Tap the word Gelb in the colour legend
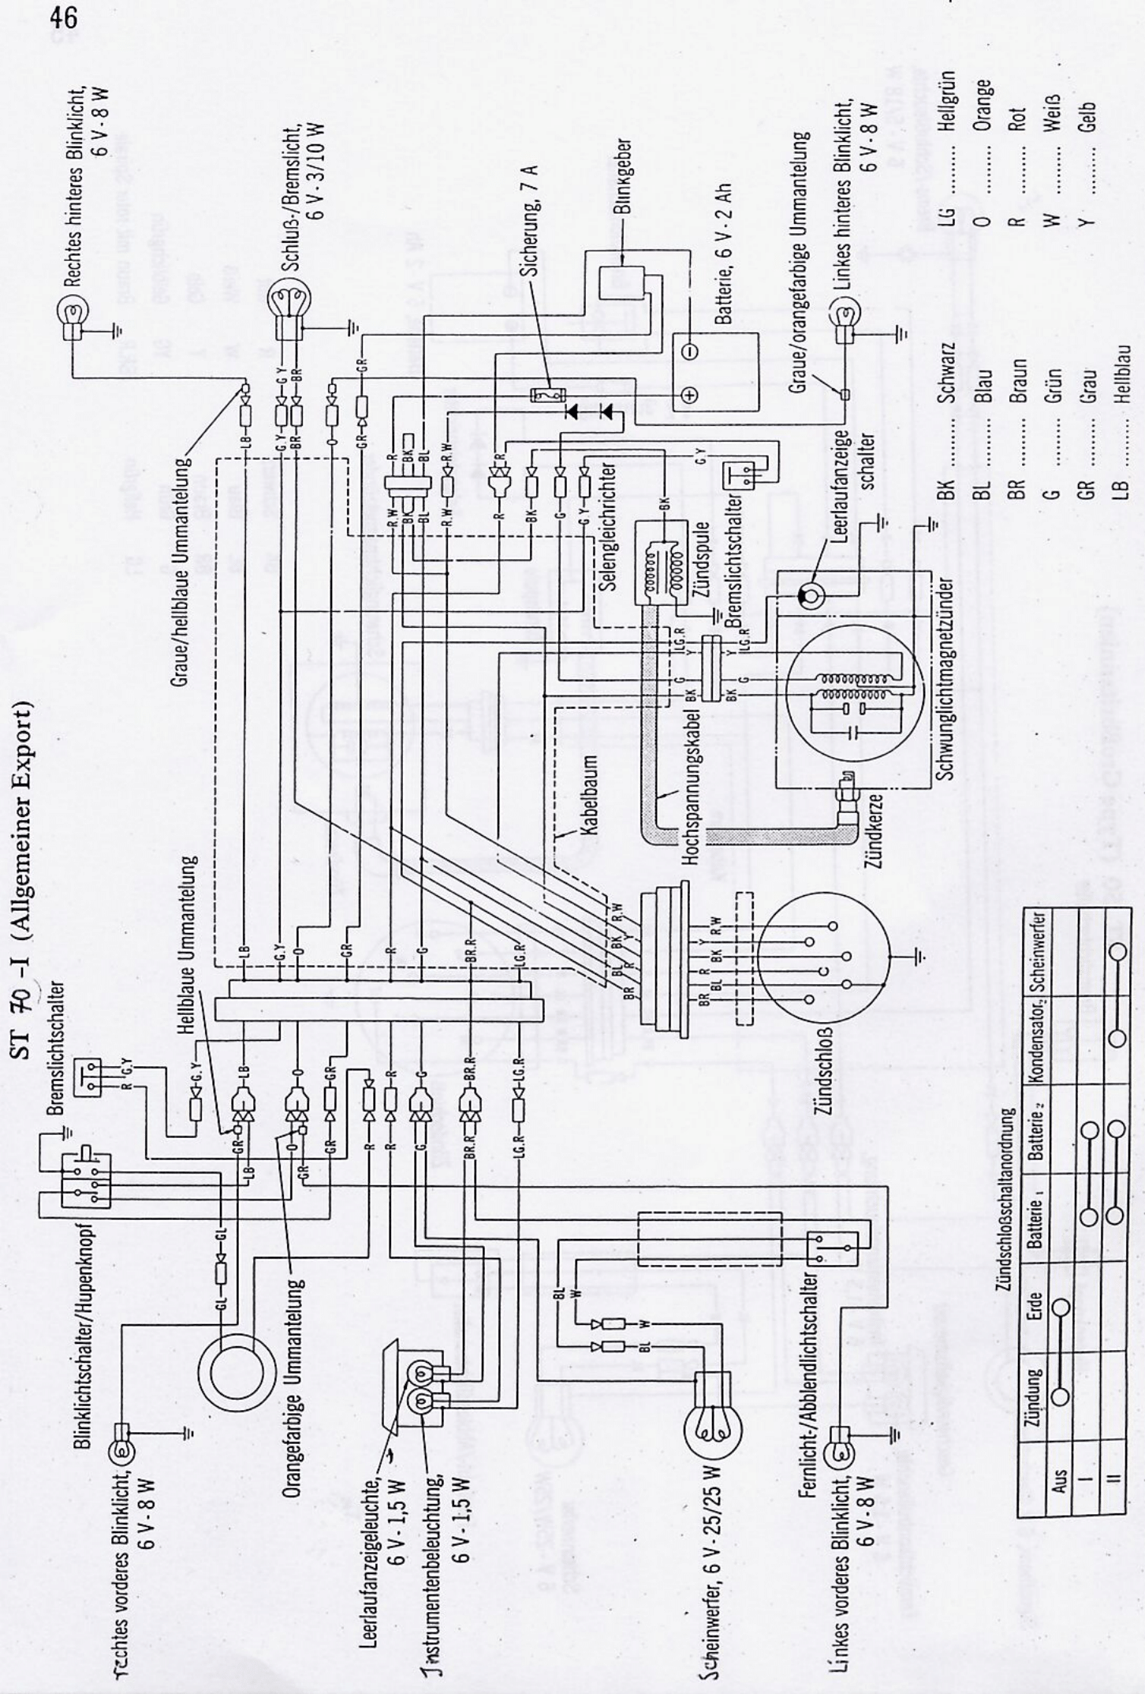tap(1092, 121)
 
